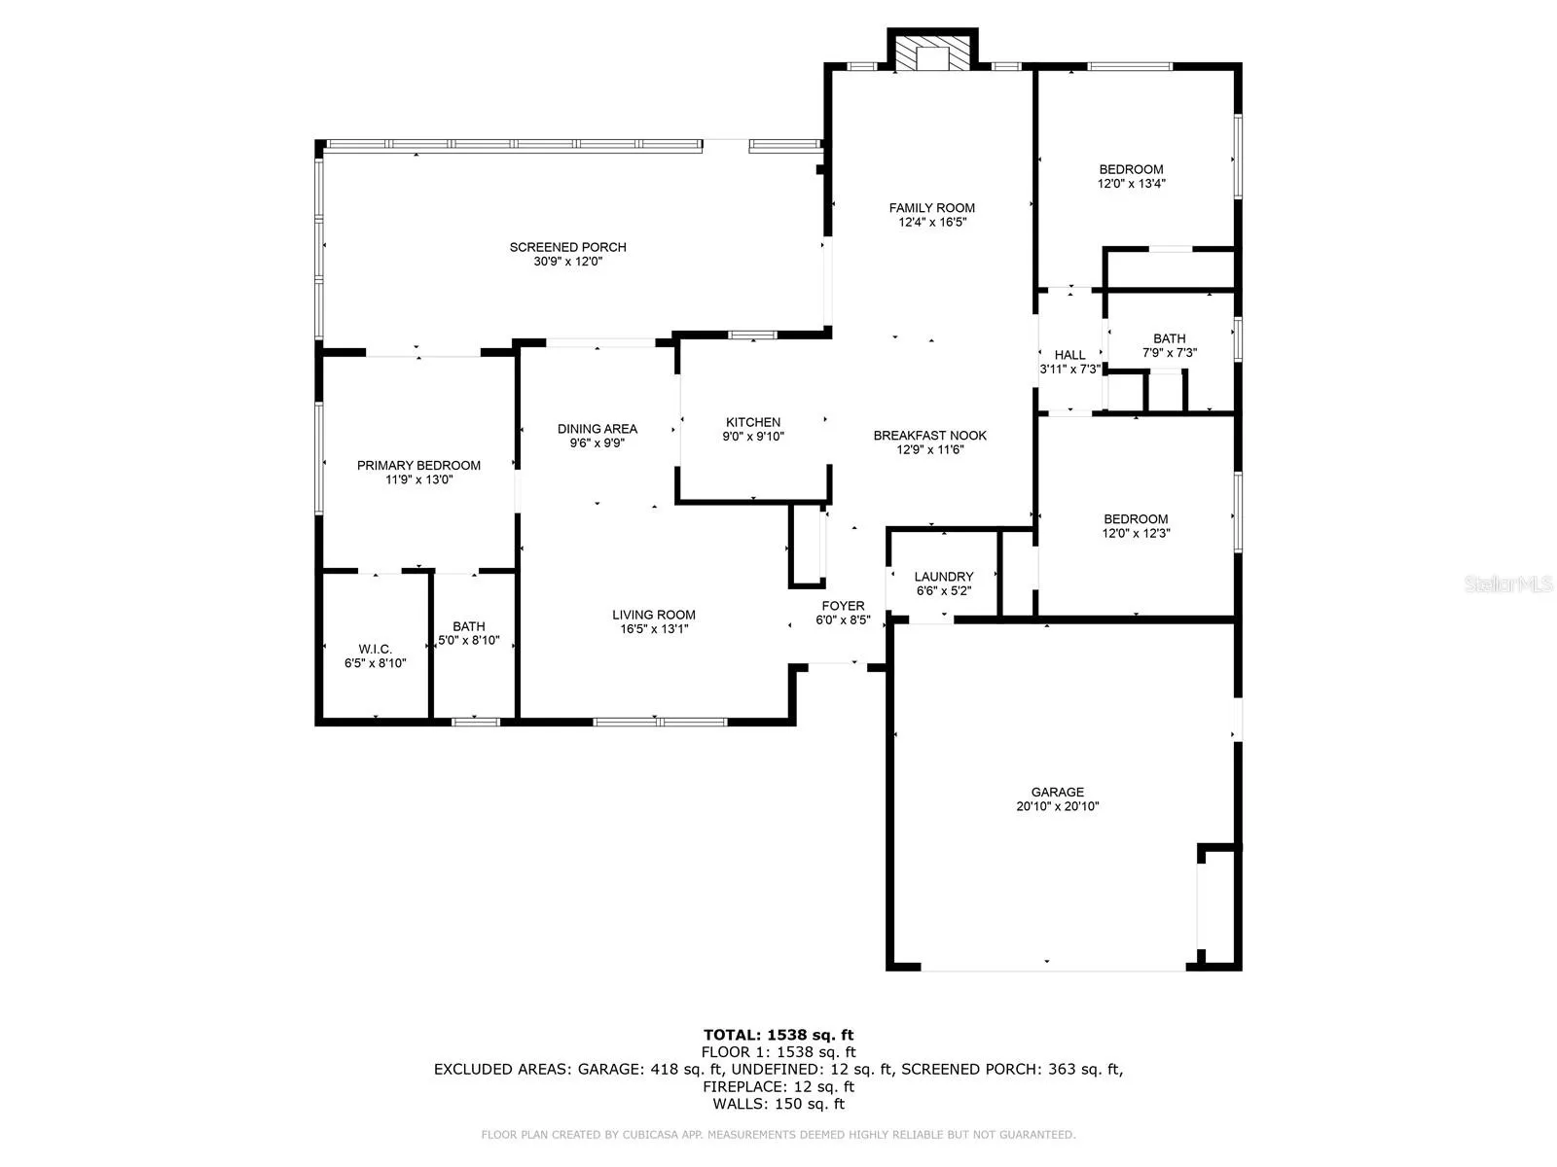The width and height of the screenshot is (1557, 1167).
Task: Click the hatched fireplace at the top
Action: pyautogui.click(x=931, y=53)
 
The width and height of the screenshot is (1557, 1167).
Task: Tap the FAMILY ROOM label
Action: pyautogui.click(x=931, y=207)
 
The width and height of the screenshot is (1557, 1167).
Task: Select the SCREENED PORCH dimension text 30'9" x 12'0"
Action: pyautogui.click(x=567, y=261)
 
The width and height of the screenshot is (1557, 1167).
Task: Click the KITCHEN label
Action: pyautogui.click(x=752, y=422)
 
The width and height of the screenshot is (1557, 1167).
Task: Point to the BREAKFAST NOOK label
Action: pyautogui.click(x=929, y=435)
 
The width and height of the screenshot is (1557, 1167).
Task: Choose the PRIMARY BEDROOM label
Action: pyautogui.click(x=418, y=465)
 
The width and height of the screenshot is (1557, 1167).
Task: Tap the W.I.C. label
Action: pyautogui.click(x=375, y=649)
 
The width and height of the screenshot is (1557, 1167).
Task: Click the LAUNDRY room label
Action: pyautogui.click(x=943, y=576)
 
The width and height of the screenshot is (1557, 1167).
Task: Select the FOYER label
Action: pyautogui.click(x=843, y=605)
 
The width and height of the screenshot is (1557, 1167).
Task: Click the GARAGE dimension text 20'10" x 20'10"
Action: pyautogui.click(x=1057, y=805)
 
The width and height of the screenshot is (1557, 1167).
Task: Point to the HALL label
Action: pyautogui.click(x=1068, y=354)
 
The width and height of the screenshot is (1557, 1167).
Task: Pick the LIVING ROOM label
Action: pyautogui.click(x=653, y=615)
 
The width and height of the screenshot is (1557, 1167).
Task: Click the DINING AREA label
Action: pyautogui.click(x=597, y=428)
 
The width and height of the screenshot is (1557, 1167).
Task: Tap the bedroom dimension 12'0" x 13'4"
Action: pyautogui.click(x=1131, y=183)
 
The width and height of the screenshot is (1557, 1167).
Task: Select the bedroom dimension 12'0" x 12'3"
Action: pyautogui.click(x=1135, y=533)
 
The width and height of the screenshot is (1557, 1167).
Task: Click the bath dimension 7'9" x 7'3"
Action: pyautogui.click(x=1169, y=352)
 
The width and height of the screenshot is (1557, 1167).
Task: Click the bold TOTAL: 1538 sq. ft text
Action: pyautogui.click(x=778, y=1035)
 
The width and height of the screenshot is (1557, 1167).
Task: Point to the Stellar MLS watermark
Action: pyautogui.click(x=1508, y=583)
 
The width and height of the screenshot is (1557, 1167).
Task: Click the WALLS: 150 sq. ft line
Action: pyautogui.click(x=778, y=1103)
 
